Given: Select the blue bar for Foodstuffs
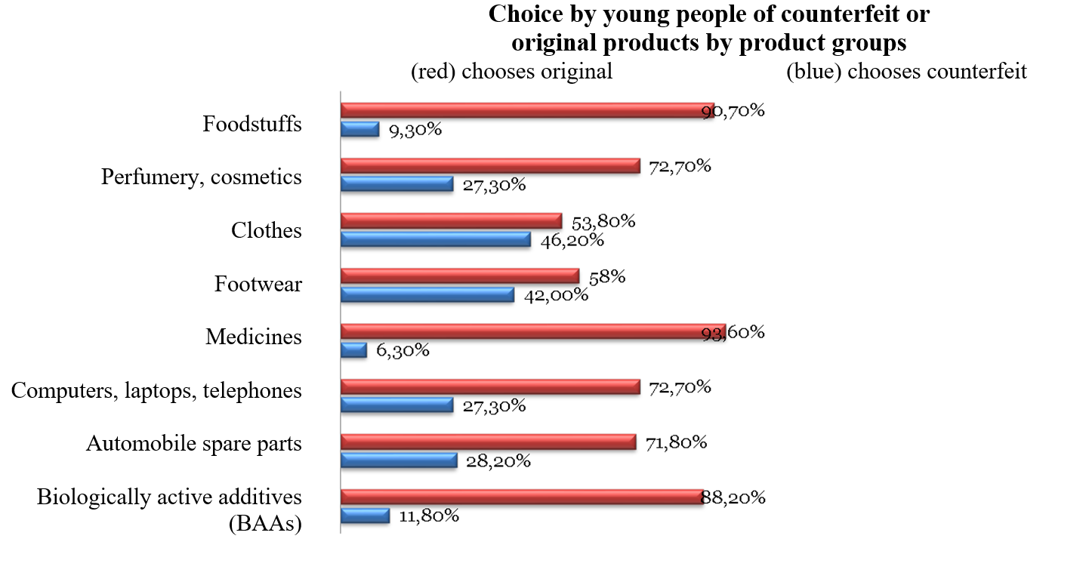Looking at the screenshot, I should click(359, 129).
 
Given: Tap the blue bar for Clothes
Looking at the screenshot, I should click(436, 240).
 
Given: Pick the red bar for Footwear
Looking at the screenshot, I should click(459, 276).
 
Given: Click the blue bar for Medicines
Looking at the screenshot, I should click(353, 350).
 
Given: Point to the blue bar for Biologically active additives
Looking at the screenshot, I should click(365, 516).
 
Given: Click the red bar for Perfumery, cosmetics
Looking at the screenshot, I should click(490, 166).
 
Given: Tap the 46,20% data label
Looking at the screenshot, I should click(572, 240).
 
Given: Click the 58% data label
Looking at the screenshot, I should click(606, 276).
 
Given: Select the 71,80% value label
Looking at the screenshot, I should click(676, 442).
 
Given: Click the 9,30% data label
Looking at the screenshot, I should click(415, 130).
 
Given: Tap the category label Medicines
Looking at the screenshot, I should click(254, 337).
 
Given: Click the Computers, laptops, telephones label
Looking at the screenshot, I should click(157, 391).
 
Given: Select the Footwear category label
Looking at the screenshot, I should click(258, 285).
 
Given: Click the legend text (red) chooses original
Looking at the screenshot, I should click(511, 72).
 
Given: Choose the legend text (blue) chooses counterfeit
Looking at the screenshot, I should click(906, 72).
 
